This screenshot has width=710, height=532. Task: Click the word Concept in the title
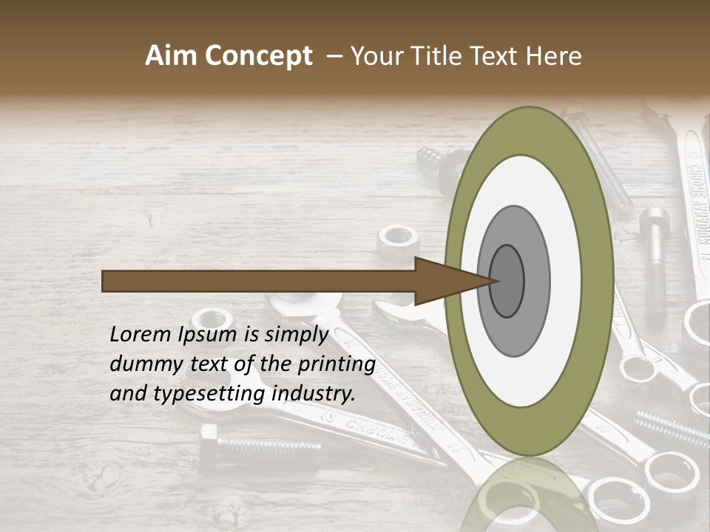coord(258,56)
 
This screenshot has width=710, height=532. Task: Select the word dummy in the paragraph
coord(141,364)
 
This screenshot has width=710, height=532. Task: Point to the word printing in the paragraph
coord(337,364)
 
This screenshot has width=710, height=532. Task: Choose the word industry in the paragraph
coord(314,394)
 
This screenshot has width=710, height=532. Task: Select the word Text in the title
coord(498,56)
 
